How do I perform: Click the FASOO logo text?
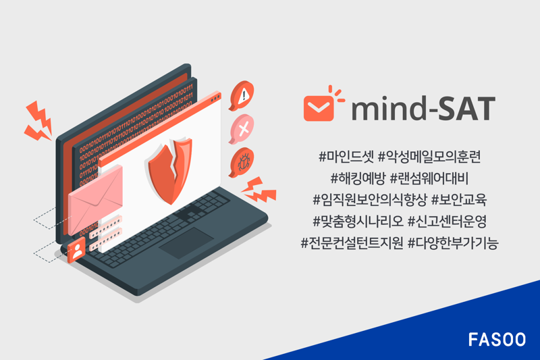point(497,339)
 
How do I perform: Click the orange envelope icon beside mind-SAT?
point(319,106)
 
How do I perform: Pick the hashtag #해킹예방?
point(356,179)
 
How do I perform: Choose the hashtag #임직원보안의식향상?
point(367,200)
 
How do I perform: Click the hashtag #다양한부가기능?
point(453,242)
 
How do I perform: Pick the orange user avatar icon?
point(78,250)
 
